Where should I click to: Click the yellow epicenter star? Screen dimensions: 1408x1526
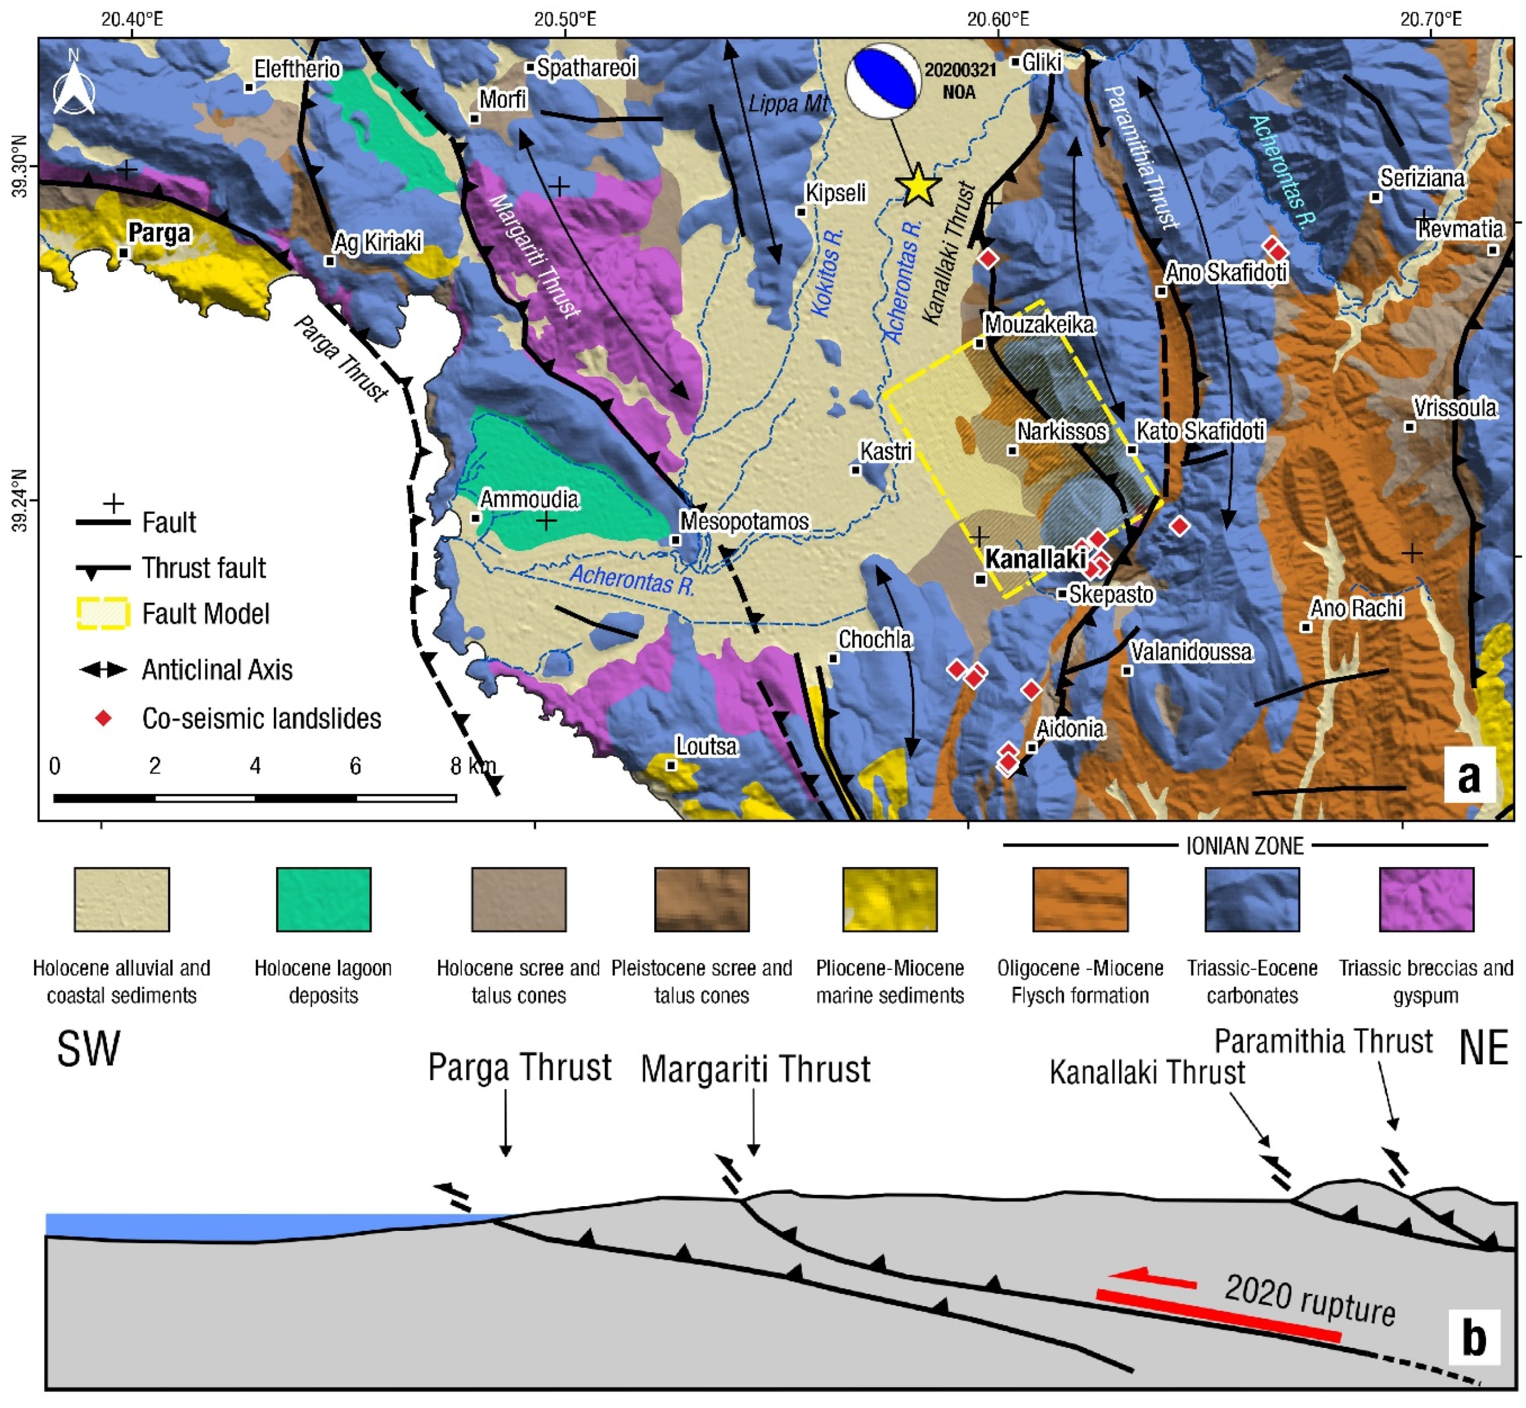[919, 185]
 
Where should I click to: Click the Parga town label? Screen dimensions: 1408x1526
[158, 233]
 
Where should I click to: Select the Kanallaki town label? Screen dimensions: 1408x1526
[1035, 559]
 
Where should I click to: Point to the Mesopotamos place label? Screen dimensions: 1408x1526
[744, 522]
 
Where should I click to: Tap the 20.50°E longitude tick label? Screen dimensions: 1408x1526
[565, 18]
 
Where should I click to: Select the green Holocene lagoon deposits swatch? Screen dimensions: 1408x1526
[323, 899]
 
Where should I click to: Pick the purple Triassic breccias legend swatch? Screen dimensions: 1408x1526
[1425, 899]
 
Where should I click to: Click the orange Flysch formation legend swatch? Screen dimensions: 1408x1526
[1080, 899]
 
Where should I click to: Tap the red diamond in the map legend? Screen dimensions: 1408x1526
[103, 718]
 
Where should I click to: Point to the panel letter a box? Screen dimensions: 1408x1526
[1468, 776]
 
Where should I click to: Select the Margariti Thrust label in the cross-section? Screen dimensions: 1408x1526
[754, 1069]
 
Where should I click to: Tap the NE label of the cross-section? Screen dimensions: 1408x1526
[1482, 1048]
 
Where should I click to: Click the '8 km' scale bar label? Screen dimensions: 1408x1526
[472, 766]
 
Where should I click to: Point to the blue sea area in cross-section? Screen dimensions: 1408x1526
[229, 1223]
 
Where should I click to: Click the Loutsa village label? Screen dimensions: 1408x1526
[706, 746]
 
